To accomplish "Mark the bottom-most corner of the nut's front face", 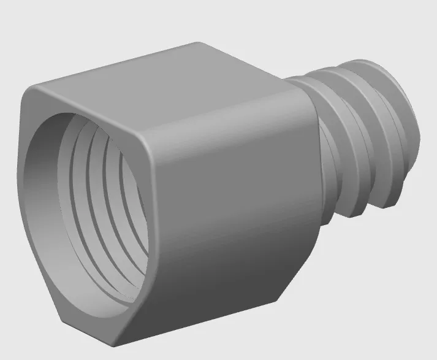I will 116,341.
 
